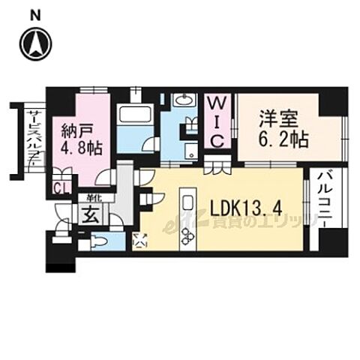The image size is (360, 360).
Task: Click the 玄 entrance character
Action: pos(88,216)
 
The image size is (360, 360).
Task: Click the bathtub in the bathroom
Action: pos(135,118)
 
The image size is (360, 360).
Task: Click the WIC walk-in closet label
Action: pos(217,121)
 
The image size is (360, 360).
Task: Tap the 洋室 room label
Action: pos(276,120)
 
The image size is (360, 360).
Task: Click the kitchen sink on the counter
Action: pos(187,205)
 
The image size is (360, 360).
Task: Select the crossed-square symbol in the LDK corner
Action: pos(140,241)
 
